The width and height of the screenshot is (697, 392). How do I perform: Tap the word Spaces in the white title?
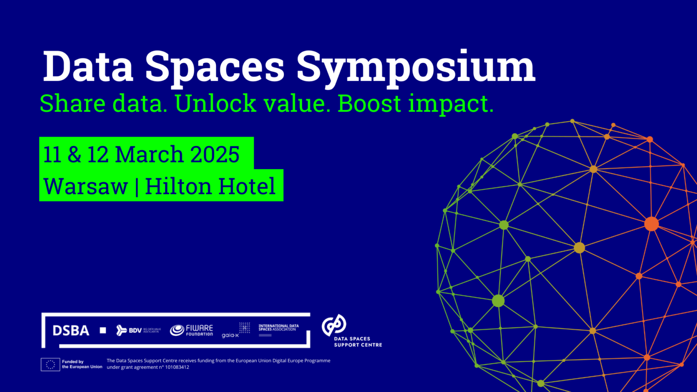(214, 67)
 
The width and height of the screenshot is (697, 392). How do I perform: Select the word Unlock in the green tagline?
(216, 103)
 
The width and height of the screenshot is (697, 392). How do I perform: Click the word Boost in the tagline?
(369, 103)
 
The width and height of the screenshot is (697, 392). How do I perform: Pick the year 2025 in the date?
(215, 154)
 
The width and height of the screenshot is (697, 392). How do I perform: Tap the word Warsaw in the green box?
(85, 186)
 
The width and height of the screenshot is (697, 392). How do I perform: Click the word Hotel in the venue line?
(247, 186)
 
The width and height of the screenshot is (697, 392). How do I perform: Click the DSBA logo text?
(71, 331)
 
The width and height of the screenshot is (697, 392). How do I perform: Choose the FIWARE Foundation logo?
(191, 330)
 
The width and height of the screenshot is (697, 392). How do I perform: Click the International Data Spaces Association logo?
(278, 329)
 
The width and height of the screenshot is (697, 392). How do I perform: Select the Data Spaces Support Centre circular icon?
(334, 325)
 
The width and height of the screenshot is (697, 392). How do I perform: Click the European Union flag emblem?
(50, 365)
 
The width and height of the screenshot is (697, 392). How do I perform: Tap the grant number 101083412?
(177, 367)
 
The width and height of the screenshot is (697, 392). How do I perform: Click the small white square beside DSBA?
(103, 330)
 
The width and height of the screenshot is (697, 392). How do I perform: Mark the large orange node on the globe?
(651, 224)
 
